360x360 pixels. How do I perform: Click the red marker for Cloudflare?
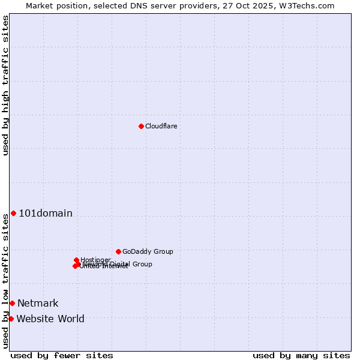pyautogui.click(x=141, y=126)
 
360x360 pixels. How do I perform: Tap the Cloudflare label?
pyautogui.click(x=161, y=126)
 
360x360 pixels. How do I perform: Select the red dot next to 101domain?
pyautogui.click(x=13, y=214)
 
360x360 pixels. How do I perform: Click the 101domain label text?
pyautogui.click(x=46, y=214)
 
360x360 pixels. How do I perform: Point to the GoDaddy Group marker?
pyautogui.click(x=118, y=251)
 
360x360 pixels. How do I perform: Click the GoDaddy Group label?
pyautogui.click(x=148, y=252)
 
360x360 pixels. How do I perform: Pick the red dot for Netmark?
pyautogui.click(x=12, y=303)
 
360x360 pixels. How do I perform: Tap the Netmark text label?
pyautogui.click(x=38, y=304)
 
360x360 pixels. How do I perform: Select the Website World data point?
pyautogui.click(x=11, y=319)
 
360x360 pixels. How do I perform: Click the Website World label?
pyautogui.click(x=50, y=319)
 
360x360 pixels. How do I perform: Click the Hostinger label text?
pyautogui.click(x=95, y=260)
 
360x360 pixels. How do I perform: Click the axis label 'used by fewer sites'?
pyautogui.click(x=62, y=355)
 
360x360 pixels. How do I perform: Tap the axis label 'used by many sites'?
pyautogui.click(x=301, y=355)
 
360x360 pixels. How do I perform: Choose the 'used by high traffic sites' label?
pyautogui.click(x=5, y=85)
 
